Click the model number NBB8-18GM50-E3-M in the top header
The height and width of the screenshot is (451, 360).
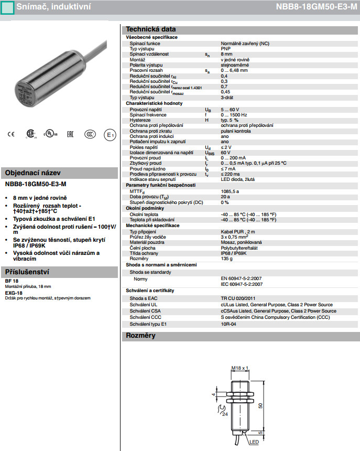pos(317,7)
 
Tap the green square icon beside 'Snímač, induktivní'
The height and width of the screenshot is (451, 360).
pos(7,7)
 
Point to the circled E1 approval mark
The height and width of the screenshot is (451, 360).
pos(110,135)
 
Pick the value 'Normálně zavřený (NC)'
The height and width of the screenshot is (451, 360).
pos(245,44)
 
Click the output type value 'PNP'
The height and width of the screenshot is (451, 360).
pos(225,49)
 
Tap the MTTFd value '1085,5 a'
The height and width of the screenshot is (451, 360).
pos(230,191)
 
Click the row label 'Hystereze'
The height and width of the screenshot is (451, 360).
pos(140,120)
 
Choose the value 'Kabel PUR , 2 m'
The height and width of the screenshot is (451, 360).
pos(238,231)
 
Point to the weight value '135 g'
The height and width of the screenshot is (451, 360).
pos(226,259)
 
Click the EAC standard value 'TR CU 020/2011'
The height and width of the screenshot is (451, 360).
pos(238,298)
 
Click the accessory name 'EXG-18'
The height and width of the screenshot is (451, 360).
pos(14,293)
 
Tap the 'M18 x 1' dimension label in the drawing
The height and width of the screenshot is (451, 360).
pos(239,368)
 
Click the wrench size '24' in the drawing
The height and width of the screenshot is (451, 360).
pos(225,414)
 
